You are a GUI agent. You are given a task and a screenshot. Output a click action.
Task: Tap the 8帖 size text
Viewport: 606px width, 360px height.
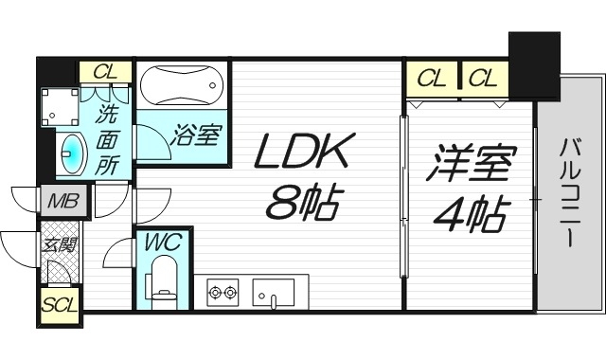[x=304, y=201]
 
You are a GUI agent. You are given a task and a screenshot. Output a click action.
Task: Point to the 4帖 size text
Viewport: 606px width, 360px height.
[x=470, y=216]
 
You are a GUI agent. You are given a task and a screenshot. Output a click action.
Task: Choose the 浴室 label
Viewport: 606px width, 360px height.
[x=196, y=135]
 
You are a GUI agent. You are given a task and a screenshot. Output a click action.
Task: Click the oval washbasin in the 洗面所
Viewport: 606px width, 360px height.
[x=71, y=154]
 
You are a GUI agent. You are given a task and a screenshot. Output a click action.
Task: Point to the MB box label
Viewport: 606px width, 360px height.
[x=64, y=201]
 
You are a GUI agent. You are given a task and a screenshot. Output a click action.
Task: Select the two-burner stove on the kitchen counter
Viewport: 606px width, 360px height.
[x=222, y=293]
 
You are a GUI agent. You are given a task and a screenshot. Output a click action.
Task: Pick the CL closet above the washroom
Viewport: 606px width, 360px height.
[x=106, y=72]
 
